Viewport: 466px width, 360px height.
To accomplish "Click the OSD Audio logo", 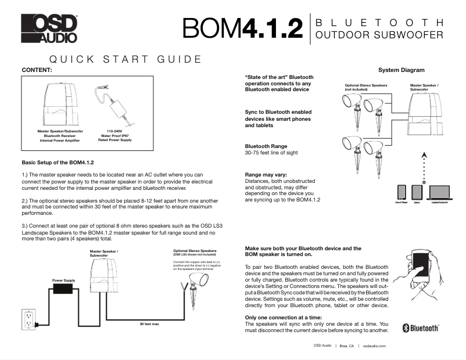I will click(49, 28).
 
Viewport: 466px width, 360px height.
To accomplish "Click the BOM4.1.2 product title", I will click(242, 28).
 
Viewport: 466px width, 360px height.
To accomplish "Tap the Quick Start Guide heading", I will click(126, 59).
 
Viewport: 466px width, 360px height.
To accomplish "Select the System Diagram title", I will click(401, 70).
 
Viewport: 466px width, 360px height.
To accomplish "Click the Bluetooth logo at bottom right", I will click(421, 328).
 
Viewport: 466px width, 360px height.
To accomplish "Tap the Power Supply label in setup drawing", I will click(63, 280).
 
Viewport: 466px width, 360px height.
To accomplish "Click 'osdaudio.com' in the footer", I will click(374, 345).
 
